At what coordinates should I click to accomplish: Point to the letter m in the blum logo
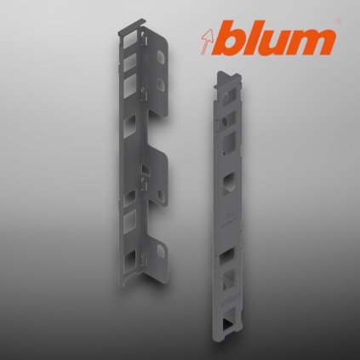314,41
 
